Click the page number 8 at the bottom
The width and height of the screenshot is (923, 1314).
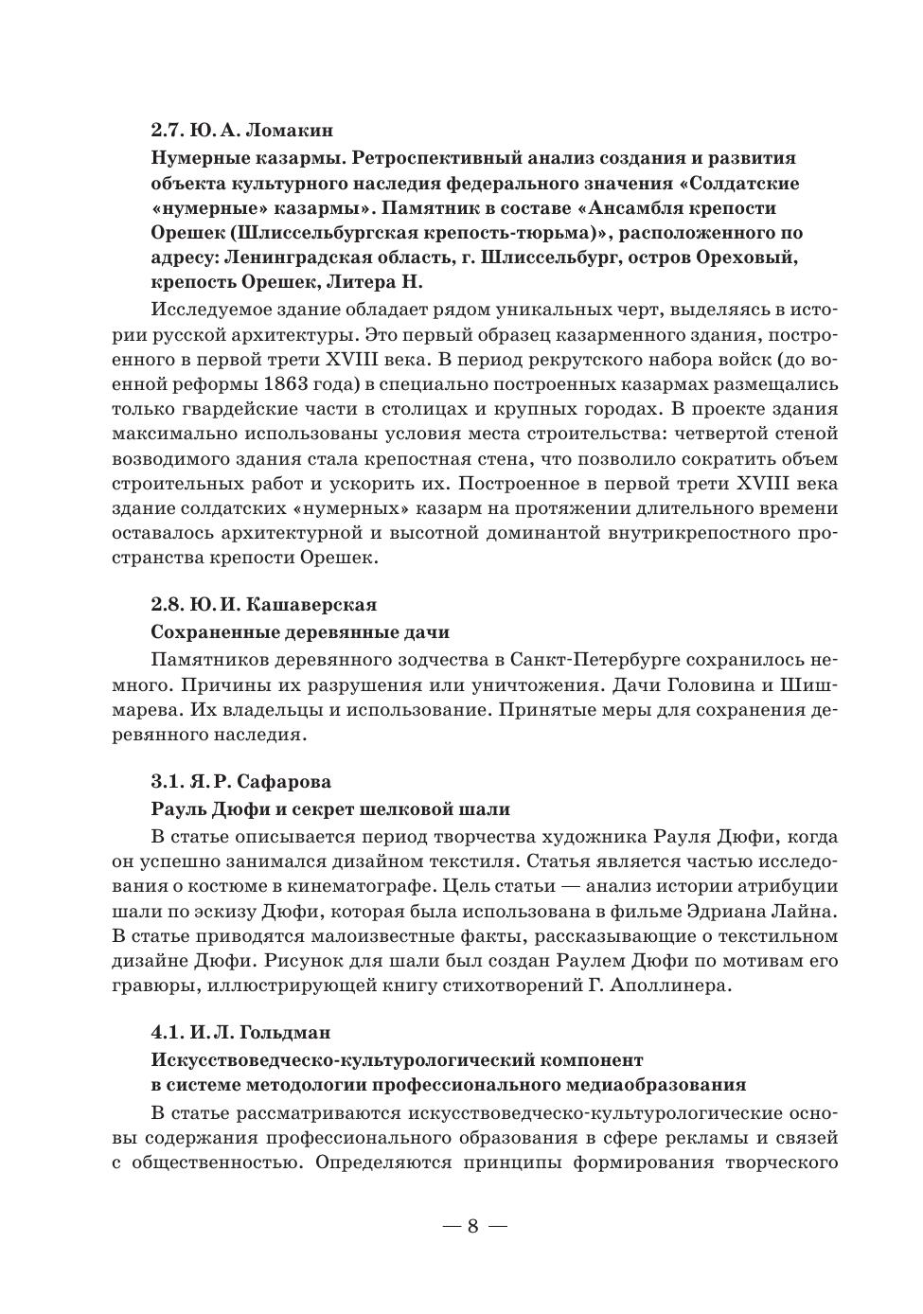[472, 1226]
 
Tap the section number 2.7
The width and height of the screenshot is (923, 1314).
[167, 129]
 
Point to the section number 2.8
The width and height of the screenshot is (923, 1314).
[167, 604]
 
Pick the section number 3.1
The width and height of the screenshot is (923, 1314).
[167, 782]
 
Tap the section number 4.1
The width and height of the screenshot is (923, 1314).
[167, 1031]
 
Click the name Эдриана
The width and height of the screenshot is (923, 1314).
[743, 912]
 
